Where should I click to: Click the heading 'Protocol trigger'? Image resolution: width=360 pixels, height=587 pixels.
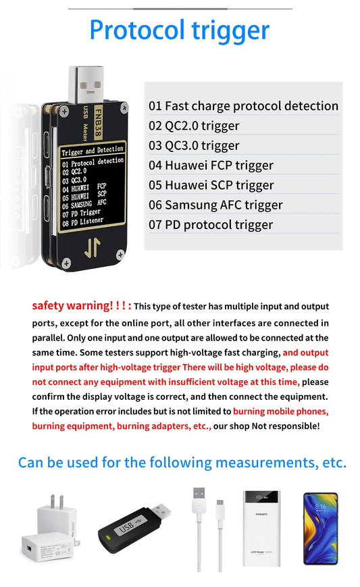pyautogui.click(x=179, y=30)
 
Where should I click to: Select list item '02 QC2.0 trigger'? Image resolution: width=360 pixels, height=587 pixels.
pyautogui.click(x=194, y=126)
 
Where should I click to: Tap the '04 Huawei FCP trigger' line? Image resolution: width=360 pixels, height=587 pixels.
pyautogui.click(x=211, y=165)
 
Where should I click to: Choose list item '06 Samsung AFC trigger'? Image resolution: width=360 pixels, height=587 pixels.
pyautogui.click(x=215, y=205)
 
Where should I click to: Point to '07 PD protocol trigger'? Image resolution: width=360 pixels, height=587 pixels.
pyautogui.click(x=211, y=225)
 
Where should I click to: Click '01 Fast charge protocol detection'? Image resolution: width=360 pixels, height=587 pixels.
pyautogui.click(x=243, y=106)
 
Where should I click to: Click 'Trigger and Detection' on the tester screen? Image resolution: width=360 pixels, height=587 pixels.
pyautogui.click(x=93, y=150)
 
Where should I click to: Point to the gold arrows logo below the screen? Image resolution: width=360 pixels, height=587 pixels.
pyautogui.click(x=92, y=249)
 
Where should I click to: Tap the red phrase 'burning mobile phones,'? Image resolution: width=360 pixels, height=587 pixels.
pyautogui.click(x=280, y=411)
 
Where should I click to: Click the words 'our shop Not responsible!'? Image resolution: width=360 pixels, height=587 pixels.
pyautogui.click(x=266, y=426)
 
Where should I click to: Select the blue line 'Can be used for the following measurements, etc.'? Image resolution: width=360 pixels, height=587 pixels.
pyautogui.click(x=182, y=463)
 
